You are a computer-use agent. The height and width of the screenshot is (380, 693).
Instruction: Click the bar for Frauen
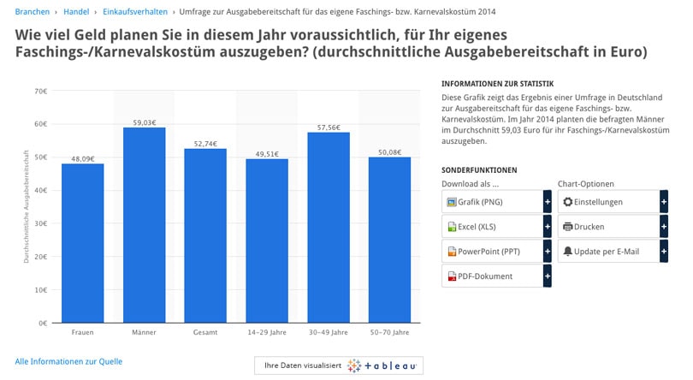[x=82, y=243]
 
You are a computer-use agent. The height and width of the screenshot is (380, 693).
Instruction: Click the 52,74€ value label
[x=205, y=144]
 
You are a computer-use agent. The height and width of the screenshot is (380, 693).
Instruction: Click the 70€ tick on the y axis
[x=39, y=91]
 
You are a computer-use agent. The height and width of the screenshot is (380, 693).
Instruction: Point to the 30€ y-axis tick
[x=39, y=223]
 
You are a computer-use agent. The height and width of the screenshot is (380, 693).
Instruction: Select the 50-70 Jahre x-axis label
[x=389, y=331]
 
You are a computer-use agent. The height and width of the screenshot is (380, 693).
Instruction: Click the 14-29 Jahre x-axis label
[x=267, y=331]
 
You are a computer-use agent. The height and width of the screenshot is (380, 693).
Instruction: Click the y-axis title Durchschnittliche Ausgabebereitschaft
[x=28, y=207]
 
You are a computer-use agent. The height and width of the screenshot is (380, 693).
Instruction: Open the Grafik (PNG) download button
[x=492, y=202]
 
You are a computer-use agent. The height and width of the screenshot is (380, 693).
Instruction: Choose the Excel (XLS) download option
[x=492, y=227]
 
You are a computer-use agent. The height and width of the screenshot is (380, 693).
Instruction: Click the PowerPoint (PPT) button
[x=492, y=252]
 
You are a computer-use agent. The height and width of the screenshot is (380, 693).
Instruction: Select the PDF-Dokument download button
[x=492, y=276]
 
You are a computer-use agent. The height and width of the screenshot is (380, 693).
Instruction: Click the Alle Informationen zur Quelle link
[x=68, y=361]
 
